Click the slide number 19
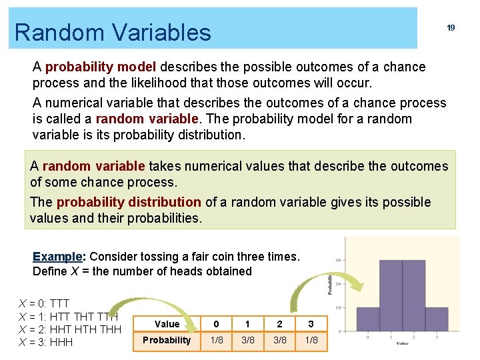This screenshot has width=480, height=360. coord(451,28)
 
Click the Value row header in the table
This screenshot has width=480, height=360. coord(167,324)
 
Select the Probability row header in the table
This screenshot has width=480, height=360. coord(167,340)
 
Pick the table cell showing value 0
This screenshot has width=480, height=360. coord(215,324)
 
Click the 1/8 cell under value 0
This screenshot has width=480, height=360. coord(216,340)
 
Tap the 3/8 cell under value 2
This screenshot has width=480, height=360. coord(279,340)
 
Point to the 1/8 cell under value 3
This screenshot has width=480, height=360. coord(311,340)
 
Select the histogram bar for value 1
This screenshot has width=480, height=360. coord(391,293)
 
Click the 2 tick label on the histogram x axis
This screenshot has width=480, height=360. coord(413,337)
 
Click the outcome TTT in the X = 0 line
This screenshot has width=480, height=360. coord(59,303)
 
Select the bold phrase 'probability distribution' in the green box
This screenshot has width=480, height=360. coord(128,202)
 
